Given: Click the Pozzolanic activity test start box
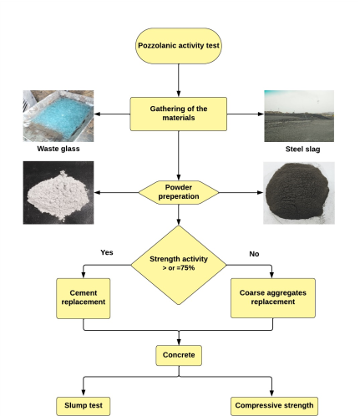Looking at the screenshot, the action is click(x=179, y=46).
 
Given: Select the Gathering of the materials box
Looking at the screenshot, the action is click(x=179, y=114).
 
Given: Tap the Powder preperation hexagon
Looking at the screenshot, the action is click(x=179, y=192).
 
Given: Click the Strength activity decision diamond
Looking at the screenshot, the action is click(x=179, y=265).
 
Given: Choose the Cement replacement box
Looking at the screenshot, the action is click(x=84, y=298).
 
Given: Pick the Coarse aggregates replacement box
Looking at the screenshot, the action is click(x=273, y=298).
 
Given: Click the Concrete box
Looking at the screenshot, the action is click(x=179, y=355).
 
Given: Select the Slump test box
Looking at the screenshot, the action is click(x=84, y=406).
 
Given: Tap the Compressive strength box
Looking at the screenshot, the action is click(x=274, y=406).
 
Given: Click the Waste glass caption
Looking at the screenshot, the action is click(x=58, y=149).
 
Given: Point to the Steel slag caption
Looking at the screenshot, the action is click(x=302, y=150).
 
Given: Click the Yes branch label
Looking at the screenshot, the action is click(x=107, y=252).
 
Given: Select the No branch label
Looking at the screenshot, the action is click(x=254, y=254).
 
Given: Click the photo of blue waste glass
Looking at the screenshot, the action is click(x=58, y=116).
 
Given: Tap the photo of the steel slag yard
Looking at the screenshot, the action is click(x=299, y=116).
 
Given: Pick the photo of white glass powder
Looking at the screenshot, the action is click(x=58, y=193).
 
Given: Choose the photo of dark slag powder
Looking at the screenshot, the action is click(x=299, y=193).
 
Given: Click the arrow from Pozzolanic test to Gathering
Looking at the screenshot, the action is click(x=179, y=80).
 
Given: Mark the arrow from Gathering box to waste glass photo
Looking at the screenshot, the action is click(x=112, y=114).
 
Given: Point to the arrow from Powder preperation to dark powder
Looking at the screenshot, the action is click(x=241, y=192).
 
